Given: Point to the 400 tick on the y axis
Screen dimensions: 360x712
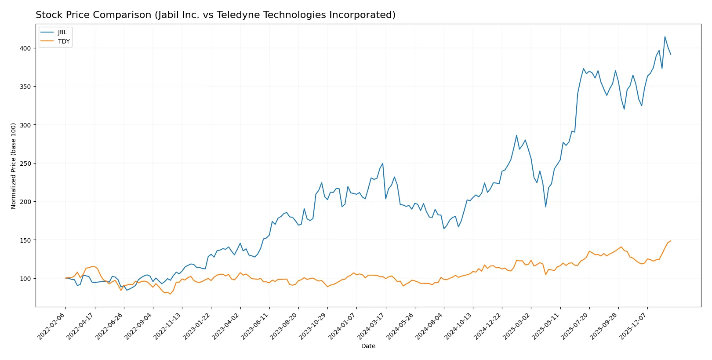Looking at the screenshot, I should click(x=25, y=48).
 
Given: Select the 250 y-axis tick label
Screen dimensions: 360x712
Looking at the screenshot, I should click(x=25, y=164).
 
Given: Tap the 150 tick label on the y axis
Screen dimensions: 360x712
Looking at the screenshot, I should click(x=25, y=240).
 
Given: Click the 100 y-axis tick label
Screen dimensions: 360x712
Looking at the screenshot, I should click(x=25, y=279).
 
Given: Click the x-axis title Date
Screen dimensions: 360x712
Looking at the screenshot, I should click(x=368, y=346).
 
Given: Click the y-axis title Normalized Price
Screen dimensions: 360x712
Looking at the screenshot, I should click(x=14, y=166).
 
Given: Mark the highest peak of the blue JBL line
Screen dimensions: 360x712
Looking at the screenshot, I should click(x=665, y=36).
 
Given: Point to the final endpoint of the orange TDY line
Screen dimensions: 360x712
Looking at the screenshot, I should click(x=671, y=241).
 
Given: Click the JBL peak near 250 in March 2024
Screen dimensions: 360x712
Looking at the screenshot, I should click(x=383, y=164).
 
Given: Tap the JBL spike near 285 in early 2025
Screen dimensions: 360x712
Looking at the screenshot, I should click(x=516, y=135).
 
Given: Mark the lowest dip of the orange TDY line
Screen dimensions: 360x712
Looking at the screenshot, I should click(x=171, y=294).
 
